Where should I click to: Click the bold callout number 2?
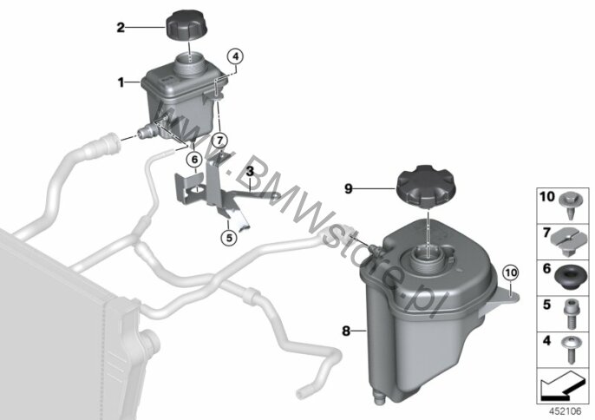[x=121, y=28]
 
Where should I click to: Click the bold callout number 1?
[x=121, y=83]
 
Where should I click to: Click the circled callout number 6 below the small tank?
[x=194, y=159]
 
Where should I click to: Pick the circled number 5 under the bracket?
[x=229, y=233]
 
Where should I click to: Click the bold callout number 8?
[x=346, y=331]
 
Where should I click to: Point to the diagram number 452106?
[x=570, y=409]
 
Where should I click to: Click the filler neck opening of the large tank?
[x=428, y=256]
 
